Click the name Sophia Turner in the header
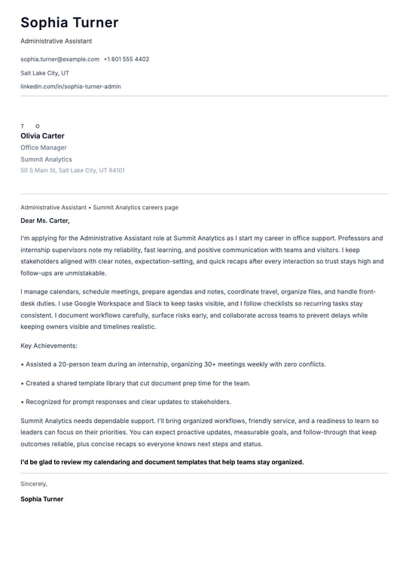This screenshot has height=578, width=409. tap(69, 23)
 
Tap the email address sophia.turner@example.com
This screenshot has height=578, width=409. tap(60, 59)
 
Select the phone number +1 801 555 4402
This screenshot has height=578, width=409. tap(127, 59)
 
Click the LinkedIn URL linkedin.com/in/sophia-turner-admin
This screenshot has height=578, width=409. tap(71, 87)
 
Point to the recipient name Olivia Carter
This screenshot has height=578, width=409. tap(42, 136)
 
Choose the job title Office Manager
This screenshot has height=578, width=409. tap(44, 148)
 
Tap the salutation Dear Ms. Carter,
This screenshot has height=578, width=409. tap(45, 221)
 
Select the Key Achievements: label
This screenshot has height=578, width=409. tap(49, 345)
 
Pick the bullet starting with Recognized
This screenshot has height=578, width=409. tap(126, 402)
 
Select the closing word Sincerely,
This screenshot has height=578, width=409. tap(34, 484)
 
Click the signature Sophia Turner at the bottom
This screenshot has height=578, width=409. tap(42, 499)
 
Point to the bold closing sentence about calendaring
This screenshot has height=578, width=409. tap(162, 462)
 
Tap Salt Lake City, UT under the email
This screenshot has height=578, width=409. tap(44, 73)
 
